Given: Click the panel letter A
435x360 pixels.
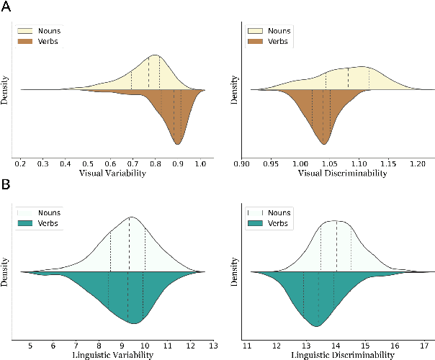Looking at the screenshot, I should tap(6, 7).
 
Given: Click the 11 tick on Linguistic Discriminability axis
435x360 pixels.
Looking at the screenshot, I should tap(247, 346).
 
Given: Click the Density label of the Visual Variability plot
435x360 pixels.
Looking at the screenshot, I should tap(6, 89).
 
